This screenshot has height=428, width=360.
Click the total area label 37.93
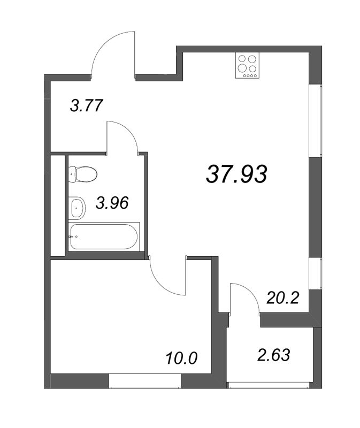point(236,174)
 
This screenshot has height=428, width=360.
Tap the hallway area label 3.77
point(87,105)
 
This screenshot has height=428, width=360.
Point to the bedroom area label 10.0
point(182,357)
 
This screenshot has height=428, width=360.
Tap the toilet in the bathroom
point(83,173)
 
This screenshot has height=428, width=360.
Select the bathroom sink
point(77,207)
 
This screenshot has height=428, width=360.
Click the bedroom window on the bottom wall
point(144,382)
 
